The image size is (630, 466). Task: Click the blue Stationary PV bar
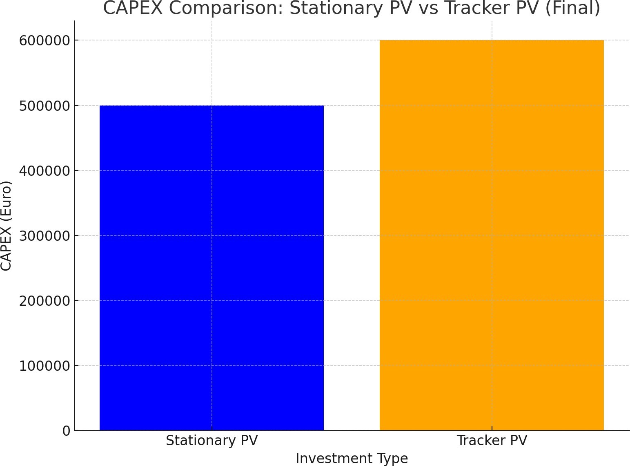point(211,268)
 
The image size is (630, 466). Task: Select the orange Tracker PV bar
point(492,235)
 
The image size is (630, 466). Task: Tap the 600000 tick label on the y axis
point(45,41)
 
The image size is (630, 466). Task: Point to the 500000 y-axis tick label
point(45,106)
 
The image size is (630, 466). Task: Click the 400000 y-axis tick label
point(45,171)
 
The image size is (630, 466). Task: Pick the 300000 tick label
point(45,235)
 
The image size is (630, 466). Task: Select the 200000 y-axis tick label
point(45,301)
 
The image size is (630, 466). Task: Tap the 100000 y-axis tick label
point(45,365)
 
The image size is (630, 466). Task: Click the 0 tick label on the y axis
point(66,431)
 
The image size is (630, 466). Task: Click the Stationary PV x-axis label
point(211,441)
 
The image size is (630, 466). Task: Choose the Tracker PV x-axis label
point(492,440)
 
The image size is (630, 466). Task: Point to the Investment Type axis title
point(352,459)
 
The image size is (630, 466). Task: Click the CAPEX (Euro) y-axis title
point(6,226)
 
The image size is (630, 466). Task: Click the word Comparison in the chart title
point(226,9)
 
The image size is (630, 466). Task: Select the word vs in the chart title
point(428,9)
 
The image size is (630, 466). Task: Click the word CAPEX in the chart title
point(133,8)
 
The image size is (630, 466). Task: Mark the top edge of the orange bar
point(492,40)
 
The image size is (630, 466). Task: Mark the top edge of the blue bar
point(211,105)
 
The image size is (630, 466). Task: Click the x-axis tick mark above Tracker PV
point(492,428)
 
